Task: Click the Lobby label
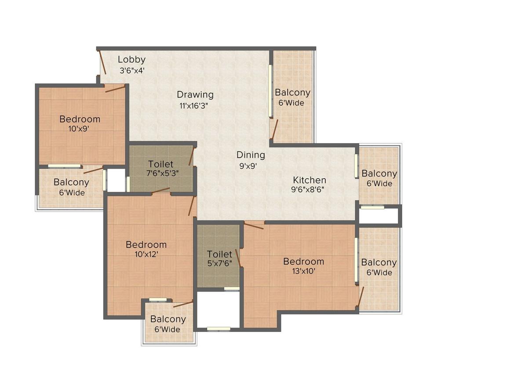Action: tap(131, 60)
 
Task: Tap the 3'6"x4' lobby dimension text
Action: tap(131, 70)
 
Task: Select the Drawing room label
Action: tap(195, 94)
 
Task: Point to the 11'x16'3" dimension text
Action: tap(193, 105)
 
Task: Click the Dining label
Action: tap(251, 155)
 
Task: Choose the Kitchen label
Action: tap(310, 180)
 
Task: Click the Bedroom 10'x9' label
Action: tap(80, 119)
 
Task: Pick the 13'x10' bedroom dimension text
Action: tap(303, 271)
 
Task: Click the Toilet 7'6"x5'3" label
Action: tap(161, 164)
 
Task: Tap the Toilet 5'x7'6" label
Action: tap(219, 254)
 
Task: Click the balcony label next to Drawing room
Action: tap(292, 93)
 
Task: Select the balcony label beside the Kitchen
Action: tap(379, 173)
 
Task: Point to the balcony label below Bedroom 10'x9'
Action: tap(71, 182)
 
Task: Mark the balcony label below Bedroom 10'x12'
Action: tap(168, 319)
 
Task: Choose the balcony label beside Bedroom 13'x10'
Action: tap(379, 263)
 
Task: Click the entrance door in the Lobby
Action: tap(102, 62)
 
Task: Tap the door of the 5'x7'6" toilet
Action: tap(238, 258)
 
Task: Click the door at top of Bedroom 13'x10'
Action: tap(253, 226)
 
